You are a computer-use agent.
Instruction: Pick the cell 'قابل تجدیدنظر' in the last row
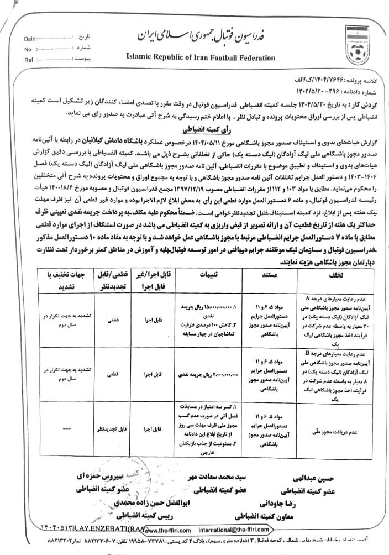(110, 428)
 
